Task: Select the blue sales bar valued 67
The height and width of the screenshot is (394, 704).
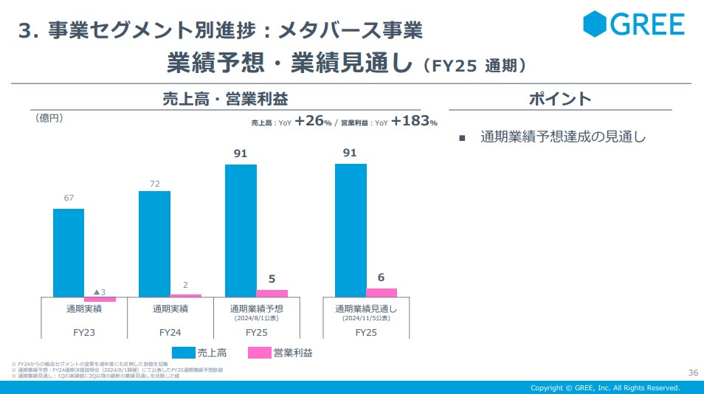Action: [69, 252]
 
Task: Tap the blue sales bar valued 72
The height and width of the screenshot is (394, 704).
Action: [154, 243]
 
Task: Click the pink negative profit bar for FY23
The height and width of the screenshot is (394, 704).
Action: [100, 299]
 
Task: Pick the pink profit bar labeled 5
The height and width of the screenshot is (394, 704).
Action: [272, 293]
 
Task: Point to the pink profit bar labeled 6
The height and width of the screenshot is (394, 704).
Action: [382, 292]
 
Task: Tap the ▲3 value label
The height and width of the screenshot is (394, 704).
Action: [100, 291]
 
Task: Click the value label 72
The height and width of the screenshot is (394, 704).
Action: [154, 182]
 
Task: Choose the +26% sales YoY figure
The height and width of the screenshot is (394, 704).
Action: [313, 122]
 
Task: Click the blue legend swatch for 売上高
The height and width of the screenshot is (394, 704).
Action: [184, 353]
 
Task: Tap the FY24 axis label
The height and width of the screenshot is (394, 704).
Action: [170, 333]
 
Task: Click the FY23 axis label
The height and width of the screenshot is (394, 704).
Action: [84, 333]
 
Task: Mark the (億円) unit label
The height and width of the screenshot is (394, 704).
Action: [49, 118]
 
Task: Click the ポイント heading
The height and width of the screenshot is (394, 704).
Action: [560, 99]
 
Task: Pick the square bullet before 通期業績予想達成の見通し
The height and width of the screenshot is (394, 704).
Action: [462, 138]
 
